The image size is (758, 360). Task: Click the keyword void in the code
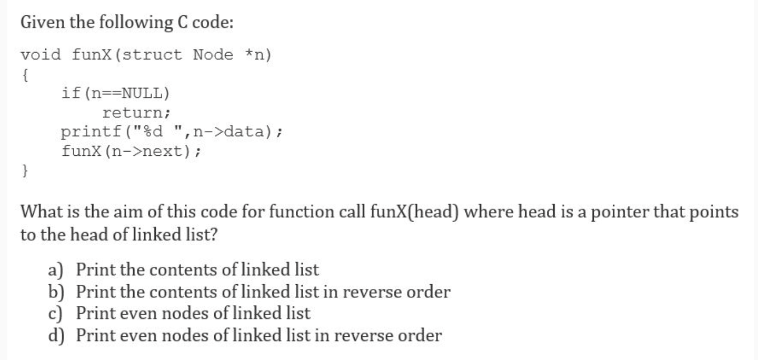tap(41, 55)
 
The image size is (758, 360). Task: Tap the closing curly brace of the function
tap(24, 170)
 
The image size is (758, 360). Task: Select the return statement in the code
tap(136, 113)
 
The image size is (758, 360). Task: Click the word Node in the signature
tap(213, 55)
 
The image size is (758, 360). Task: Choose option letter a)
tap(55, 270)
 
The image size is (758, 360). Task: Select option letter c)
tap(55, 313)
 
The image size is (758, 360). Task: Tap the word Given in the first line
tap(39, 23)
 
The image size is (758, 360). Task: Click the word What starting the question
tap(41, 212)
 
